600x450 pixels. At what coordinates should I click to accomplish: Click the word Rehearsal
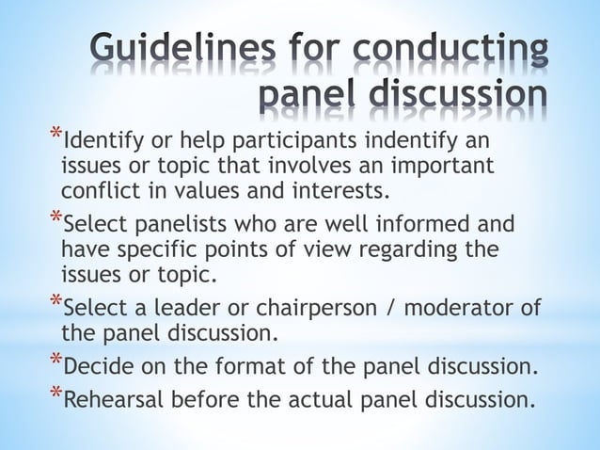coord(113,397)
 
